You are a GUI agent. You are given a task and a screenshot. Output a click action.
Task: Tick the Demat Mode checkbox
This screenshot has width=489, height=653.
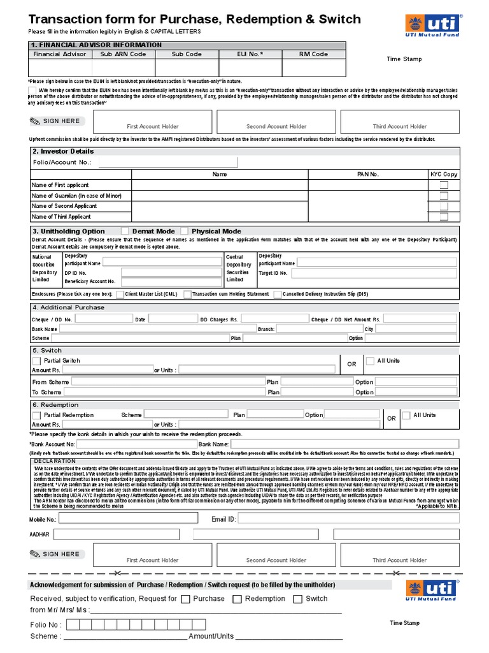coord(125,231)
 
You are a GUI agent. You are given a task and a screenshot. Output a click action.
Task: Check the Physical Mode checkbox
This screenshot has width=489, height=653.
coord(185,231)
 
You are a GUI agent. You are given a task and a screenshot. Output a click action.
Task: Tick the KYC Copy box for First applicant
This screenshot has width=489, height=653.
coord(444,185)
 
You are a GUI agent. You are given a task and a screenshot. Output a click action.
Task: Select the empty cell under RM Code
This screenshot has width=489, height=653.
coord(314,68)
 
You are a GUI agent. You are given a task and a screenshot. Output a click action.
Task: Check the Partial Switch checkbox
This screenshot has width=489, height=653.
coord(36,361)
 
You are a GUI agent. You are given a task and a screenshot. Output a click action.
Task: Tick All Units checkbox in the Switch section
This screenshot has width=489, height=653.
coord(370,361)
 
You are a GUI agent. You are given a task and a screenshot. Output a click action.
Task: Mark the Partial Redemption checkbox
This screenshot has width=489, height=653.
coord(36,415)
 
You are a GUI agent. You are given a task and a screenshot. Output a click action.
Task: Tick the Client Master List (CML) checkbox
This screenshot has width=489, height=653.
coord(120,294)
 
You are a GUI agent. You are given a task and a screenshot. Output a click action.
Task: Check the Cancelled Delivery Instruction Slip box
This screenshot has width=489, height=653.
coord(278,294)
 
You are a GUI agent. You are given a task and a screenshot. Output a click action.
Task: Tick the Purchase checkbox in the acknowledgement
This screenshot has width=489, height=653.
coord(185,599)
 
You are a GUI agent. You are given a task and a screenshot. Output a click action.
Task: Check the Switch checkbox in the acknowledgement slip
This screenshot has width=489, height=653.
coord(297,599)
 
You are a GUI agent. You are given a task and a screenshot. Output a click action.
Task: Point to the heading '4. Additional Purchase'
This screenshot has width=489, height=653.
coord(68,307)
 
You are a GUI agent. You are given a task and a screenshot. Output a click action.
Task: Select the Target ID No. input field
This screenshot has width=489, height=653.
coord(375,273)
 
